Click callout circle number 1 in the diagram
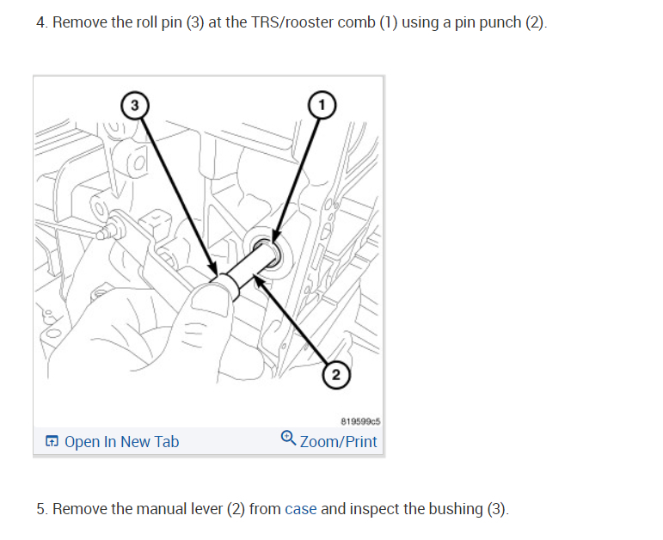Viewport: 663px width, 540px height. click(322, 104)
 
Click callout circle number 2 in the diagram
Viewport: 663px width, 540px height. click(337, 375)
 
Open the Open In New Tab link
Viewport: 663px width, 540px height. click(121, 442)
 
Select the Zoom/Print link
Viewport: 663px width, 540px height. click(338, 442)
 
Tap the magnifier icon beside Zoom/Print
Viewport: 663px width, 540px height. click(288, 440)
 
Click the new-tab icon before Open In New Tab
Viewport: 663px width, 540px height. click(52, 442)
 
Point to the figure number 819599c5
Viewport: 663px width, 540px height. click(360, 422)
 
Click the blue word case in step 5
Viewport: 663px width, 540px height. click(301, 509)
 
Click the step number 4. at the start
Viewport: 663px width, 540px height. click(41, 21)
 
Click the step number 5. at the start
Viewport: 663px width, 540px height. click(41, 509)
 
